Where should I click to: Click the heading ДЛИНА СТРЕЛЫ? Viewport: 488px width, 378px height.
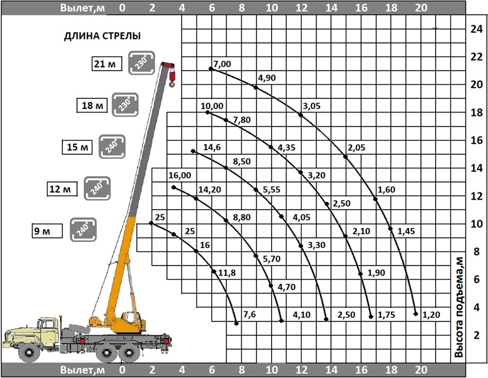[102, 36]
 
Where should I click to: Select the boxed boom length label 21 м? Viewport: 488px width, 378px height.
[106, 64]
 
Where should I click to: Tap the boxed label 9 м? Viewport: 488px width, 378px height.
[47, 231]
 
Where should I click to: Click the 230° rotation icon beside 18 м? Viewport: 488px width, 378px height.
[125, 105]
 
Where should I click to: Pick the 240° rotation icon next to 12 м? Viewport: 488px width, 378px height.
[97, 188]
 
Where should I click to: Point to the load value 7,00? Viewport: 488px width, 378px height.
[222, 64]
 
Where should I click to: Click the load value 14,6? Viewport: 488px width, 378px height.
[212, 147]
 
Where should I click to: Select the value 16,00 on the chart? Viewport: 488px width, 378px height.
[180, 175]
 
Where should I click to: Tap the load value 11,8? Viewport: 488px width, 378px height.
[227, 273]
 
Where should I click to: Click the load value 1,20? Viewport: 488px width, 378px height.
[431, 315]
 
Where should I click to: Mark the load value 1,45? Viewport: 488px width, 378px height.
[406, 231]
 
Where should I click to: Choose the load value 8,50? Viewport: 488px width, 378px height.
[242, 161]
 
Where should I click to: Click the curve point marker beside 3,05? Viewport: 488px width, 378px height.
[300, 115]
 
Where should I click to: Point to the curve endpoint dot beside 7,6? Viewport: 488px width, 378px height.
[236, 323]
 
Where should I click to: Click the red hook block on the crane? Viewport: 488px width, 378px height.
[172, 78]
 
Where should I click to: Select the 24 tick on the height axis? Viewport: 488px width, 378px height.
[476, 29]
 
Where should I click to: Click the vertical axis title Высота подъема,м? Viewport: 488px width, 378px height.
[458, 307]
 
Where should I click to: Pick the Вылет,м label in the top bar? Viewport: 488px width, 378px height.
[82, 8]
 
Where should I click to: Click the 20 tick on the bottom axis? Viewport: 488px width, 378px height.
[421, 370]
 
